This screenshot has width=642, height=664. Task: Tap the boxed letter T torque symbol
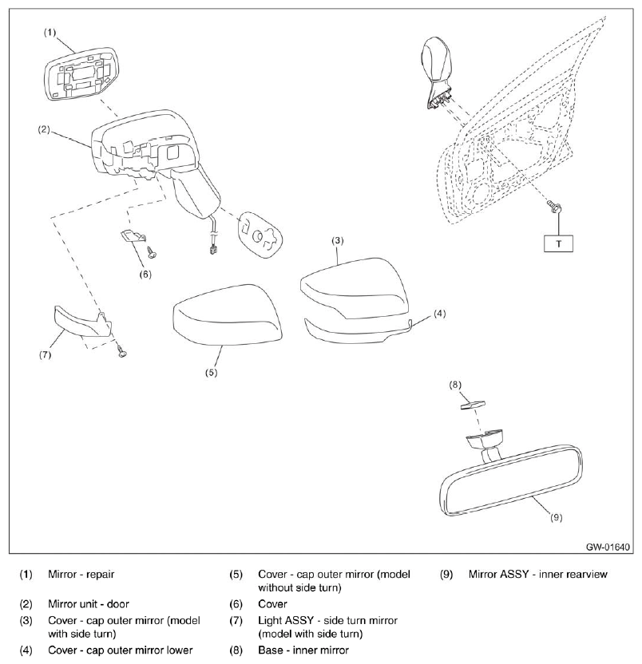click(558, 242)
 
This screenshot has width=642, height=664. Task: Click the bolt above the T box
click(553, 207)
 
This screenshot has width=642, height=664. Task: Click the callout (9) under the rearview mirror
click(557, 517)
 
